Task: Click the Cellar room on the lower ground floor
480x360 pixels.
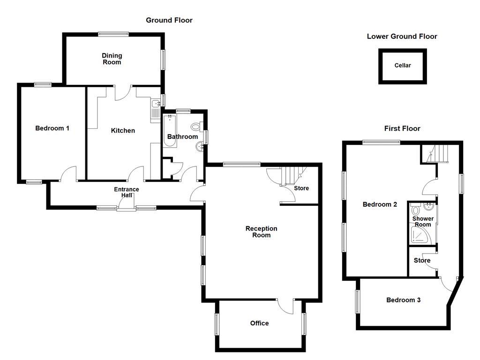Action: click(403, 66)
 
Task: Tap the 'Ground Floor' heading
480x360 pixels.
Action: click(169, 20)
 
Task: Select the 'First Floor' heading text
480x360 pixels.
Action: click(402, 128)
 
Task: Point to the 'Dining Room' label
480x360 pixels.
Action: click(112, 59)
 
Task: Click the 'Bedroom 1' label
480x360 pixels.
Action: click(52, 128)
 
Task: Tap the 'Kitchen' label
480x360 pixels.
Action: click(123, 130)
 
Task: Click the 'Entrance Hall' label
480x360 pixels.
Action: click(127, 192)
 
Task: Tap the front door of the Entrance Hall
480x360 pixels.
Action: click(127, 204)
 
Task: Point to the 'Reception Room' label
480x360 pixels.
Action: click(262, 232)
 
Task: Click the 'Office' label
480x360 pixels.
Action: click(259, 323)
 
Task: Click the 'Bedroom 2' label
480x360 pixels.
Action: click(380, 204)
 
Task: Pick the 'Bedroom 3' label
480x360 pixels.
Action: click(403, 300)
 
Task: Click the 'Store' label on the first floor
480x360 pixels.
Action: click(422, 261)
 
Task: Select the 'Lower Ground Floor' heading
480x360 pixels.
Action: click(402, 36)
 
